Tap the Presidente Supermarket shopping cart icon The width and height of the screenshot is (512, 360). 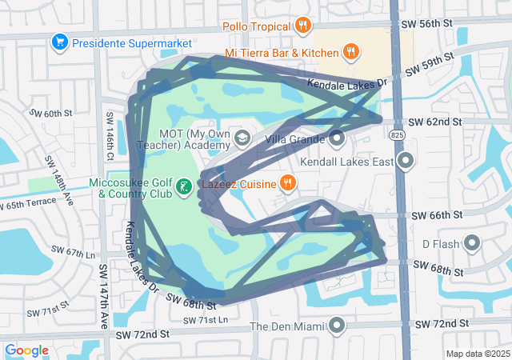click(x=58, y=42)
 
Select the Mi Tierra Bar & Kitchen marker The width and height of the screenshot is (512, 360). click(x=350, y=53)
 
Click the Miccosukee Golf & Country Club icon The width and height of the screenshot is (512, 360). click(x=185, y=187)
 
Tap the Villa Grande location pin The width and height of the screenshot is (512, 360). click(x=337, y=138)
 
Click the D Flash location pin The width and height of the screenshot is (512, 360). click(x=472, y=242)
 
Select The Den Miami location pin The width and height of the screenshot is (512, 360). click(x=337, y=326)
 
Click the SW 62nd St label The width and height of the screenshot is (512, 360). click(x=435, y=122)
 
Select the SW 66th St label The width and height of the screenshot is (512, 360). click(x=438, y=216)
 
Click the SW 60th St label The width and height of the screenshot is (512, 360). click(x=52, y=114)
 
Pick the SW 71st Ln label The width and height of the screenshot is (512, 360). click(x=206, y=320)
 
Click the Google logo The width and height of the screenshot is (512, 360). click(x=27, y=350)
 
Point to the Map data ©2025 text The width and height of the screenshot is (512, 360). click(x=478, y=354)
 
